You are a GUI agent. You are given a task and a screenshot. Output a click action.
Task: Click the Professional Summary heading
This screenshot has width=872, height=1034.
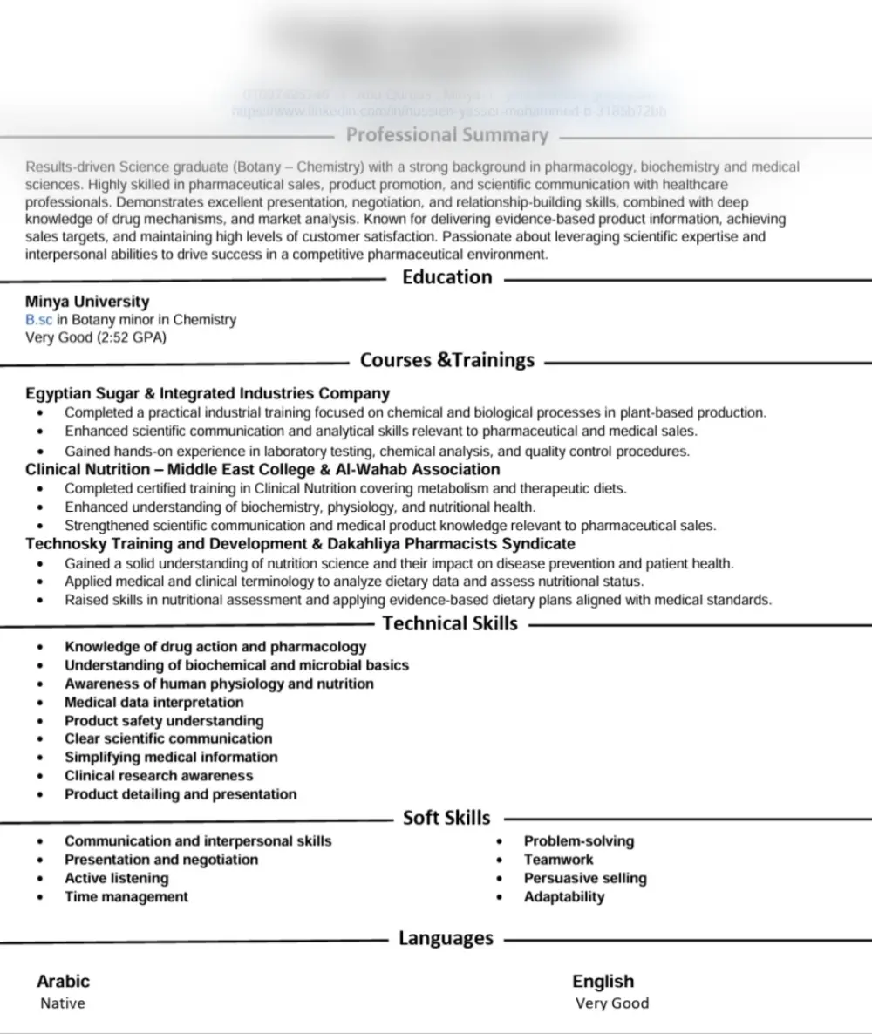coord(447,135)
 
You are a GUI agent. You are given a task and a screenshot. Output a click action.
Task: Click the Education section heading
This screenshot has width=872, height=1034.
coord(446,277)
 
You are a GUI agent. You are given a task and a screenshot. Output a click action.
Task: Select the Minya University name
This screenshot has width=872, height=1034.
coord(87,302)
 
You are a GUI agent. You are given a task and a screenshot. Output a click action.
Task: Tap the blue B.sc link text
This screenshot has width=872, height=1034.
coord(39,320)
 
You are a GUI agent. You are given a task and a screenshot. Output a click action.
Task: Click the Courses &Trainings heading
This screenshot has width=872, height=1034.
coord(446,360)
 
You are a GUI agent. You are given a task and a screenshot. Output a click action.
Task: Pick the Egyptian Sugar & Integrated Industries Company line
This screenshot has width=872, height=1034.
coord(208,393)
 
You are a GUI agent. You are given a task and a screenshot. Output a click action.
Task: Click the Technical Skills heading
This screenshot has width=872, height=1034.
coord(450,623)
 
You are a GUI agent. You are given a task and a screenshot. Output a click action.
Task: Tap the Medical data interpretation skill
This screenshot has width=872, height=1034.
coord(154,702)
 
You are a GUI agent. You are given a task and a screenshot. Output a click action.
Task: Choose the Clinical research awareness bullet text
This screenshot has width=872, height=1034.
coord(159,775)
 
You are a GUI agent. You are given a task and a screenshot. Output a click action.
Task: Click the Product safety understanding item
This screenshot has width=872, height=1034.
coord(164,721)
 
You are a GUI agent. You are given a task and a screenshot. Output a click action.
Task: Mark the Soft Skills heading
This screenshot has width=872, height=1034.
coord(446,818)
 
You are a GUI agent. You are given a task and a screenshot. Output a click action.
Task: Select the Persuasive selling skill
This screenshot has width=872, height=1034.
coord(585,878)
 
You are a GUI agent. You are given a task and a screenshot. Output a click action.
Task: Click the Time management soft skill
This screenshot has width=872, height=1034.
coord(126,896)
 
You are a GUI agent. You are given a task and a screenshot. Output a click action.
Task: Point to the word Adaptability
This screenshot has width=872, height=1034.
coord(564,896)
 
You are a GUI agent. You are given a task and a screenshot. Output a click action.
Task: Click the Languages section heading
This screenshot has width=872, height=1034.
coord(446,939)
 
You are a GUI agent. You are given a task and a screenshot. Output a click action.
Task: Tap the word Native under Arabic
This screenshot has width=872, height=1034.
coord(63,1003)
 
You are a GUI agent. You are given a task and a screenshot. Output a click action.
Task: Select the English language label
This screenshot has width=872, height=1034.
coord(603,982)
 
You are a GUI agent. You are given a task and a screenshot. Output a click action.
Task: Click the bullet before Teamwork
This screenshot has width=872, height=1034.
coord(500,861)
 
